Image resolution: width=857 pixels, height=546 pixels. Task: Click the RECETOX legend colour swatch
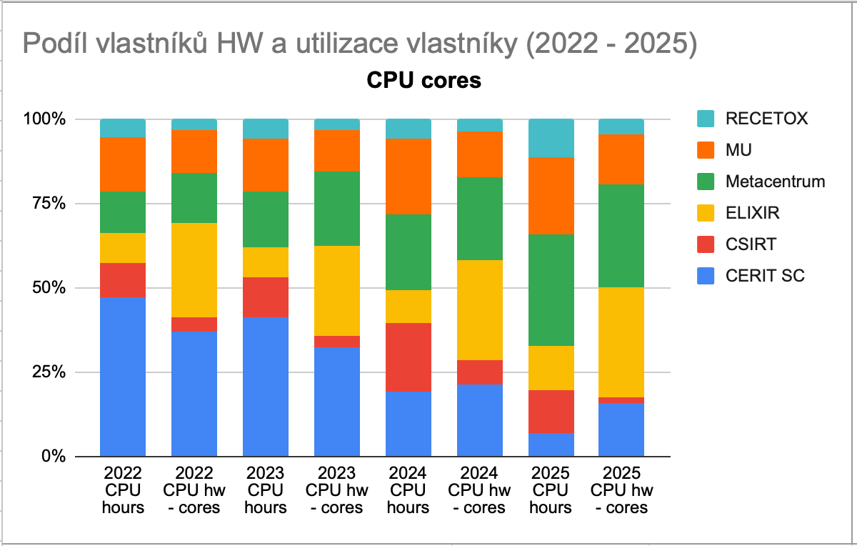coord(706,119)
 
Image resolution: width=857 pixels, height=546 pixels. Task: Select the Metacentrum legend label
coord(775,182)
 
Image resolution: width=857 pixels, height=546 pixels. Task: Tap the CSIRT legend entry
coord(750,244)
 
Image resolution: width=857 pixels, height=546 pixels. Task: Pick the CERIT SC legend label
coord(765,276)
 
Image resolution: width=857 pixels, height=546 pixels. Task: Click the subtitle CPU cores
coord(424,81)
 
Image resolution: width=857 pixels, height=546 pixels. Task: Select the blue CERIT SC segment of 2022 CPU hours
coord(123,377)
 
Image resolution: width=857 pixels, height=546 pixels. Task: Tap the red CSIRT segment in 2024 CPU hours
coord(409,357)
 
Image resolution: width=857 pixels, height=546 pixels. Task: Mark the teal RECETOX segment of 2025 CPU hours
coord(551,138)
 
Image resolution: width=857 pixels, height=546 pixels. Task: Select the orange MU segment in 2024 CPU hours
coord(409,177)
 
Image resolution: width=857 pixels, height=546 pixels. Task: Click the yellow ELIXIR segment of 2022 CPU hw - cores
coord(194,270)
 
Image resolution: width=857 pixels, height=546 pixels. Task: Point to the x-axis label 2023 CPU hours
coord(266,490)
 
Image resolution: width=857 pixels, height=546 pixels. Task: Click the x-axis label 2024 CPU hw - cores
coord(480,490)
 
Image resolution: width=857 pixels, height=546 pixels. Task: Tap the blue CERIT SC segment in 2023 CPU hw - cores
coord(337,402)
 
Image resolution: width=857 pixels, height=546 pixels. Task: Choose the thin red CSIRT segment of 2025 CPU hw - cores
coord(621,400)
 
